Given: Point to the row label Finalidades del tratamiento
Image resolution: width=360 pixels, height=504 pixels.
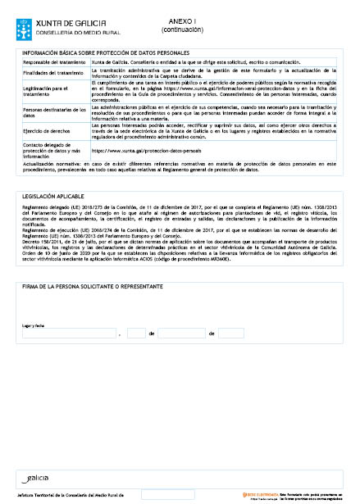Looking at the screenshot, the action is click(53, 74).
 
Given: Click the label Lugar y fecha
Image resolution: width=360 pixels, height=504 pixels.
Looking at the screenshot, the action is click(33, 325).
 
